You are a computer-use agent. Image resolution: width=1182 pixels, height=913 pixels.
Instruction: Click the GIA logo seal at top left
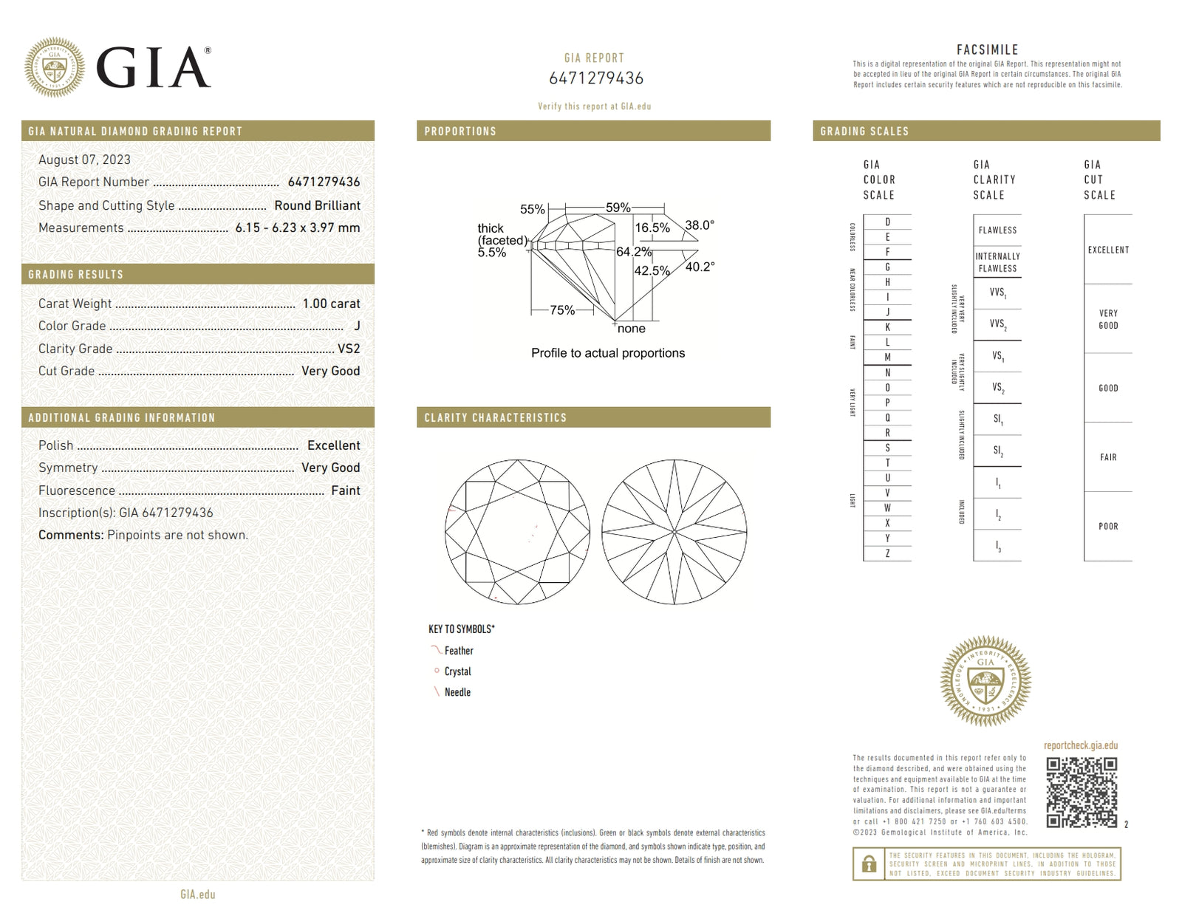point(54,67)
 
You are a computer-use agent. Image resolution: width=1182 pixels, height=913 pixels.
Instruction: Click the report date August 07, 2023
point(84,160)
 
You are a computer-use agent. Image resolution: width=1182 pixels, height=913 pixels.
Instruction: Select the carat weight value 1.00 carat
point(331,304)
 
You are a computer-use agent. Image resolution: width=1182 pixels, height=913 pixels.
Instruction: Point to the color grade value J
point(357,326)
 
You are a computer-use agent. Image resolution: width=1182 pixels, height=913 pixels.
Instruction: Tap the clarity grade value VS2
point(349,349)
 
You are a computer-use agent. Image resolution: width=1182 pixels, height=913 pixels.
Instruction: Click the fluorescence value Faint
point(345,490)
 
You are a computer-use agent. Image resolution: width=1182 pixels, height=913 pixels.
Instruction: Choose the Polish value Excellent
point(333,445)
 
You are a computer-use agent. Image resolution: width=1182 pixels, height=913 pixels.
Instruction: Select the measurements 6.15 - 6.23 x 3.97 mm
point(298,228)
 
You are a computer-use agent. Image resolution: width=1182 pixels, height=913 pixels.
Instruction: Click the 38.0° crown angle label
point(699,225)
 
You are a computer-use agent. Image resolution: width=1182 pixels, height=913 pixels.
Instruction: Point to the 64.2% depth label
point(633,252)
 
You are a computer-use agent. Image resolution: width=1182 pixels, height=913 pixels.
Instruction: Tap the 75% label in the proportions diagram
point(561,310)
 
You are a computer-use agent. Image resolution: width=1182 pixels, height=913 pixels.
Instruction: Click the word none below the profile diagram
point(631,329)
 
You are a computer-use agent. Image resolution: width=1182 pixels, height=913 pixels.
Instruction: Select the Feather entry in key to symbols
point(458,651)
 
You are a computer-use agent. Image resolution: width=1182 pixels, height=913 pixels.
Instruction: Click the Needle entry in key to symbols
point(457,692)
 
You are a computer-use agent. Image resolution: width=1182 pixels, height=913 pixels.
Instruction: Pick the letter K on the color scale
point(887,327)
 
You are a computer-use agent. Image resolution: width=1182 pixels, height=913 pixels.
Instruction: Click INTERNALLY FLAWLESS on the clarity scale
point(997,262)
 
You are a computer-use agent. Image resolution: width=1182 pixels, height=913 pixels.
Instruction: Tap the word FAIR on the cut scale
point(1107,457)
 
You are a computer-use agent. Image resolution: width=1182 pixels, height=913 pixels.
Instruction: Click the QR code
point(1082,792)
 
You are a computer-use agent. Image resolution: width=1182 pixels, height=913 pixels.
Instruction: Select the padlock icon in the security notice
point(870,864)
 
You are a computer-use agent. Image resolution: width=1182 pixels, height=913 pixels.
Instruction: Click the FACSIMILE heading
point(987,49)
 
